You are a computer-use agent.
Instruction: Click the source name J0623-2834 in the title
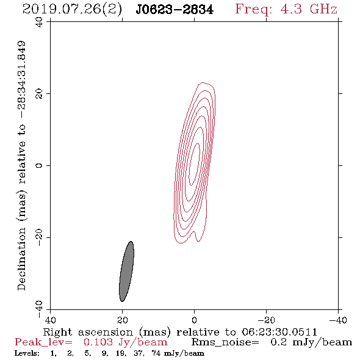[x=175, y=10]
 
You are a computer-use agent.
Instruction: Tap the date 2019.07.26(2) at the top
[x=72, y=10]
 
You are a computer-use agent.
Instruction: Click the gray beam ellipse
[x=126, y=272]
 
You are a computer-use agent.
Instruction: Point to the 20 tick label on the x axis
[x=122, y=320]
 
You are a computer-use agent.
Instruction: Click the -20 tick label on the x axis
[x=266, y=320]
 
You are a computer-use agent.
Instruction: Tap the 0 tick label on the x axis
[x=194, y=320]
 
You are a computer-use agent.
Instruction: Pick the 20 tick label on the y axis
[x=39, y=94]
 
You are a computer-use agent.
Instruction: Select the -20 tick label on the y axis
[x=39, y=237]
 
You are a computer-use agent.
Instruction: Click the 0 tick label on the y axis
[x=39, y=165]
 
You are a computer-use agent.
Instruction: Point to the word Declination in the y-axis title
[x=21, y=259]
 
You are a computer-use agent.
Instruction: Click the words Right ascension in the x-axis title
[x=88, y=332]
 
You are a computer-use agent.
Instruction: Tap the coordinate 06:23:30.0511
[x=279, y=332]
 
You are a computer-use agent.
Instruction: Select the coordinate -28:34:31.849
[x=22, y=80]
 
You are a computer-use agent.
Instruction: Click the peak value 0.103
[x=98, y=342]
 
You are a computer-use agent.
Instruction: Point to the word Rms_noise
[x=225, y=342]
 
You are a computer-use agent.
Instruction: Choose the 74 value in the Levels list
[x=156, y=353]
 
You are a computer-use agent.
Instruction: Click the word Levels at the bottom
[x=27, y=353]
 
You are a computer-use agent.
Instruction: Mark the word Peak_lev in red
[x=43, y=342]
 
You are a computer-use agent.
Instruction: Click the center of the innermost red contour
[x=194, y=164]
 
